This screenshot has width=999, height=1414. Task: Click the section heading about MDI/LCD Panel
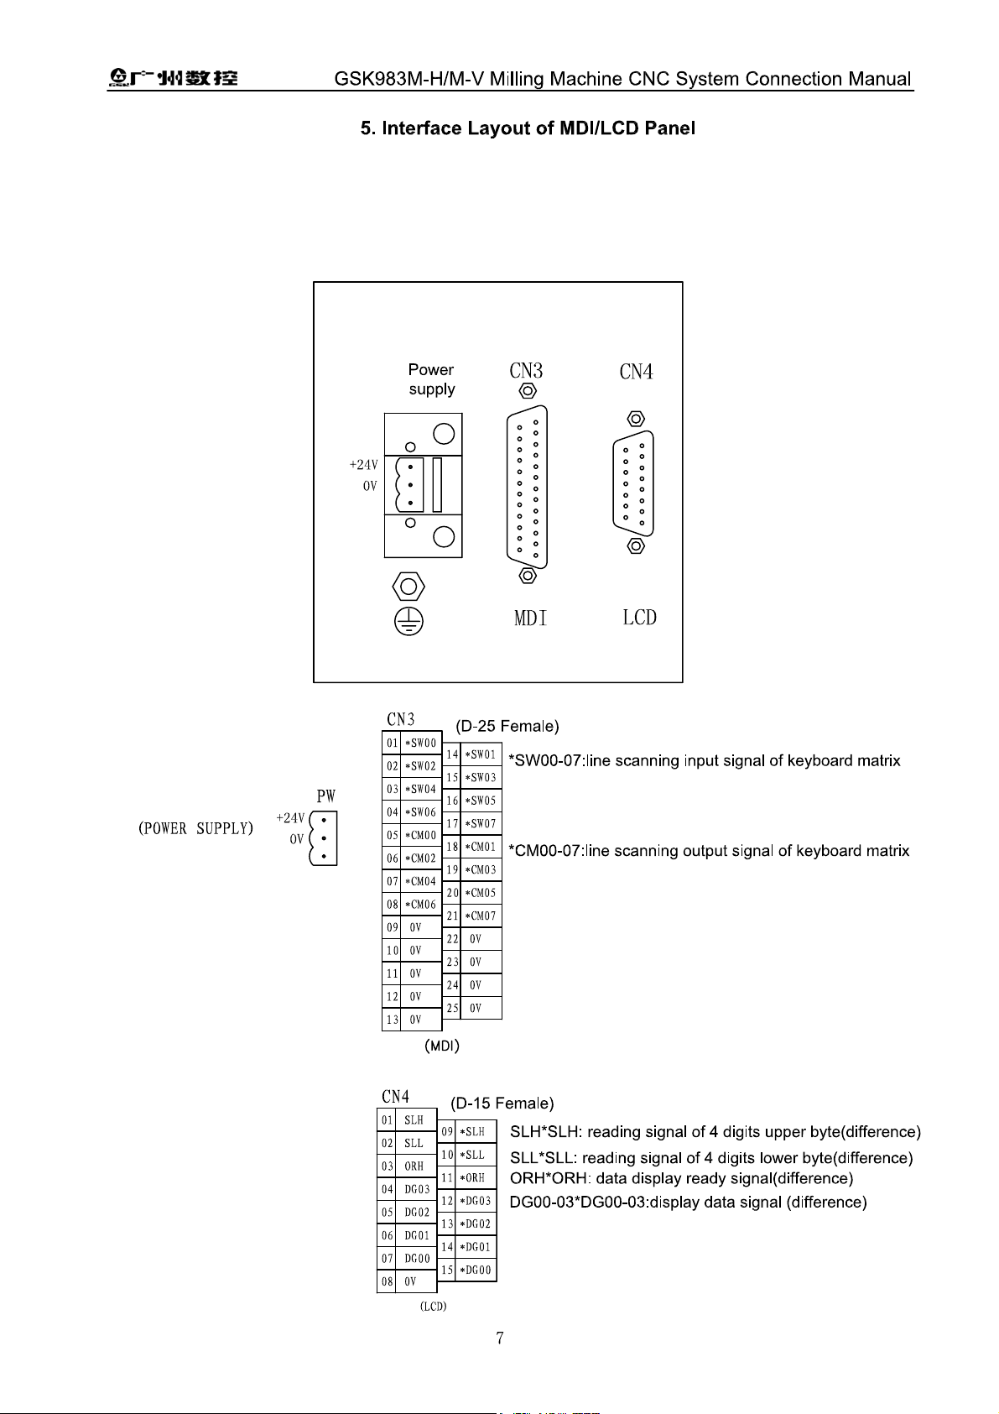(528, 128)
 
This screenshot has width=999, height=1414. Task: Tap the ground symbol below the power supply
(408, 621)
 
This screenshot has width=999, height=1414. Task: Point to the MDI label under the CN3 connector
(530, 618)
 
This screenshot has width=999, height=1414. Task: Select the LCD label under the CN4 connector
(639, 618)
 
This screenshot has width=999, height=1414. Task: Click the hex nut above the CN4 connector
(636, 419)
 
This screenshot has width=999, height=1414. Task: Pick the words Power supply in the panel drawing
(431, 378)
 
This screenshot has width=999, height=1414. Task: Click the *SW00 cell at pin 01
(420, 743)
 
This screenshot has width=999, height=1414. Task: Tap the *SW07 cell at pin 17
(481, 824)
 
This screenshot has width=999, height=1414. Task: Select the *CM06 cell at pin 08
(420, 905)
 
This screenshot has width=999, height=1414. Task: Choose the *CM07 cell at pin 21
(481, 916)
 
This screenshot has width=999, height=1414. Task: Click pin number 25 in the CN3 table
(452, 1008)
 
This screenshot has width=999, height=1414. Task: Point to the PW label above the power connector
(325, 796)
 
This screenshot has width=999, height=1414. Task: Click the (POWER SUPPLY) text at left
(195, 828)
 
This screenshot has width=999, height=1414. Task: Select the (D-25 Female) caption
(507, 727)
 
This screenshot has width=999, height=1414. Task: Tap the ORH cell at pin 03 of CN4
(414, 1166)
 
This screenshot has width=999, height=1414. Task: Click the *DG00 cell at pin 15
(476, 1270)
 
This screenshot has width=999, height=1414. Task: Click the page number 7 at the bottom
(500, 1338)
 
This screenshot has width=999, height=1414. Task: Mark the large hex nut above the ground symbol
(408, 587)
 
